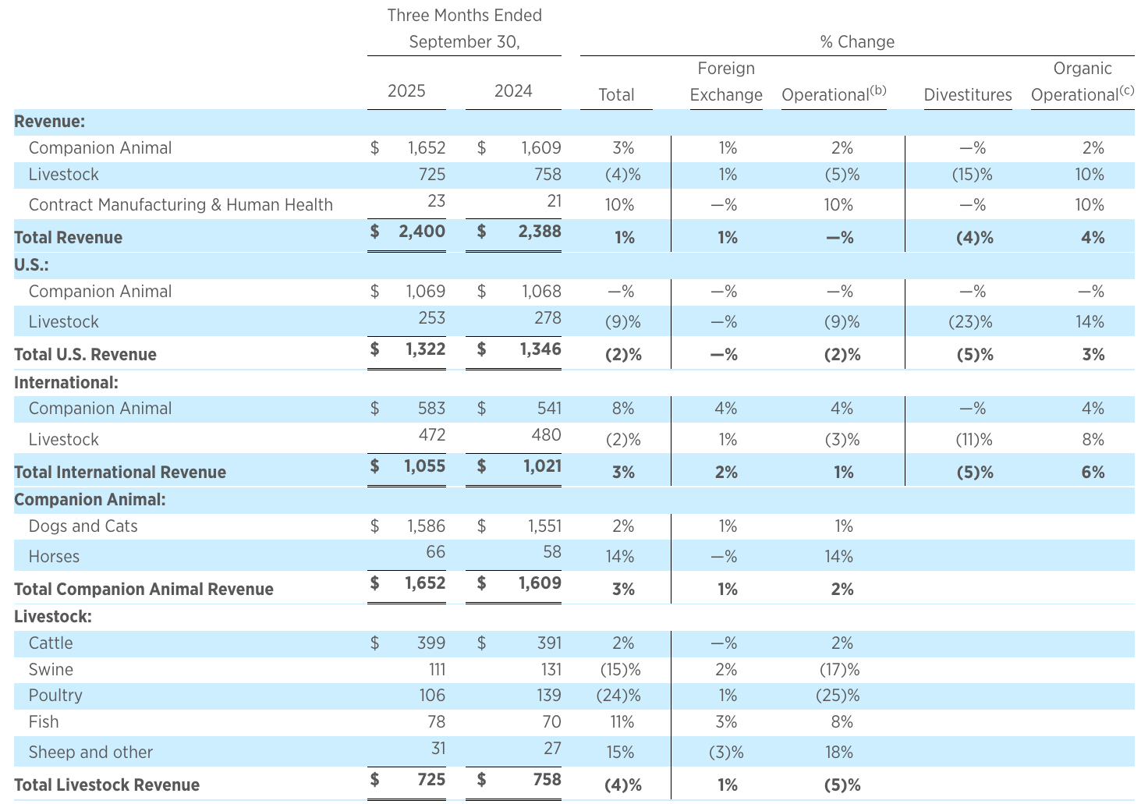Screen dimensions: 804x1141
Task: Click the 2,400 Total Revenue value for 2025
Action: point(421,231)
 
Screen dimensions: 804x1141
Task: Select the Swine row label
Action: point(51,669)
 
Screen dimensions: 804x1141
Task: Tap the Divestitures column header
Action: point(967,95)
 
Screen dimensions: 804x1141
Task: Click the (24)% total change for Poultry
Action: point(623,695)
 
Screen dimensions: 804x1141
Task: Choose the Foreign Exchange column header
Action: point(726,82)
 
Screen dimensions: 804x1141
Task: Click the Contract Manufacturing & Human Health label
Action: point(180,204)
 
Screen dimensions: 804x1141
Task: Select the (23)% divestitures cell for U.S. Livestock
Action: point(972,321)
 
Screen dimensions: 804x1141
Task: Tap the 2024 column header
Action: point(513,91)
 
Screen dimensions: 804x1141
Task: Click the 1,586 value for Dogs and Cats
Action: point(426,526)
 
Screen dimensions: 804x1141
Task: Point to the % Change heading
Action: point(857,42)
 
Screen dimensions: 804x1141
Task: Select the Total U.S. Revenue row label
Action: point(85,354)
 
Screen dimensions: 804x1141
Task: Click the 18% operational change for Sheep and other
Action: point(842,752)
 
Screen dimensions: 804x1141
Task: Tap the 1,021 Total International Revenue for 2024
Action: point(540,466)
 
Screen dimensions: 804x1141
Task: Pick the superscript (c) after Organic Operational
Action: point(1126,90)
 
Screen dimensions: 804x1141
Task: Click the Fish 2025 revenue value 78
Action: point(435,721)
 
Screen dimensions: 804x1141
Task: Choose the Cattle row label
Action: point(51,643)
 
